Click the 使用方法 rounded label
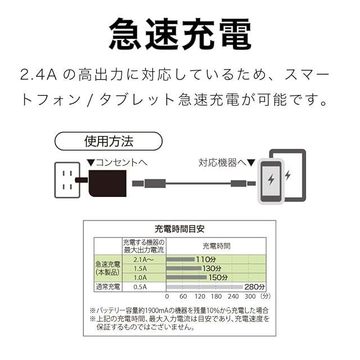coord(109,140)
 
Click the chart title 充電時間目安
coord(179,229)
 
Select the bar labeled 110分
coord(181,259)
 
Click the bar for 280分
coord(205,287)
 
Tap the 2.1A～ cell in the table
coord(144,259)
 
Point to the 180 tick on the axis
coord(217,296)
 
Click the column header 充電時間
coord(216,246)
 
